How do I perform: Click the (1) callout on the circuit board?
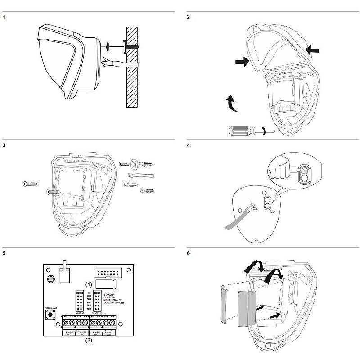tap(89, 284)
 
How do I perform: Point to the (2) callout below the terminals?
tap(89, 341)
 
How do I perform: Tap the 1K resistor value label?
tap(89, 292)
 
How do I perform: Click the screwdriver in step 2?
tap(243, 131)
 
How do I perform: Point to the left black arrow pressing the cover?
tap(242, 63)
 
